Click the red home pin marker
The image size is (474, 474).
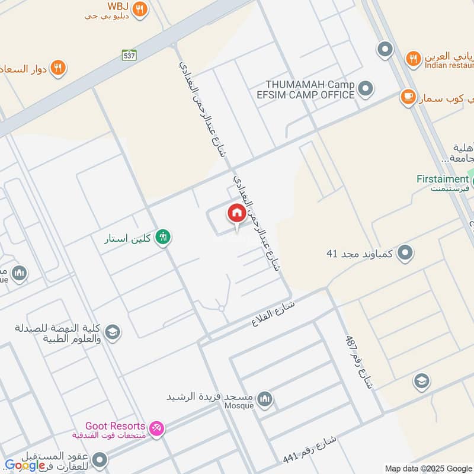pos(236,213)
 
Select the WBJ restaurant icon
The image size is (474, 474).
pos(140,8)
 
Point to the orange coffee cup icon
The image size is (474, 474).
pos(408,96)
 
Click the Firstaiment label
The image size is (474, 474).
pos(442,179)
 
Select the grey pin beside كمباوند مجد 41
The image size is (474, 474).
pos(405,253)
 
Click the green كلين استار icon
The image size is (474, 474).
pos(162,238)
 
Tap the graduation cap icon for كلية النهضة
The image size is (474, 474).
pos(113,333)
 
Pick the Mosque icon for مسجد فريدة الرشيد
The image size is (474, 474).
pos(265,398)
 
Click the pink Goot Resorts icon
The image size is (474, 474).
pos(156,428)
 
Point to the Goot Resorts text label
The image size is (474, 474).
pos(116,426)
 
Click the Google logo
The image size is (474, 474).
pos(25,466)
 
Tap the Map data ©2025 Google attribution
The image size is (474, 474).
pos(428,468)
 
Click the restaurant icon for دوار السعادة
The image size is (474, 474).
pos(57,68)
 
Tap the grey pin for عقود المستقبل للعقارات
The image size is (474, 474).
pos(100,460)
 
